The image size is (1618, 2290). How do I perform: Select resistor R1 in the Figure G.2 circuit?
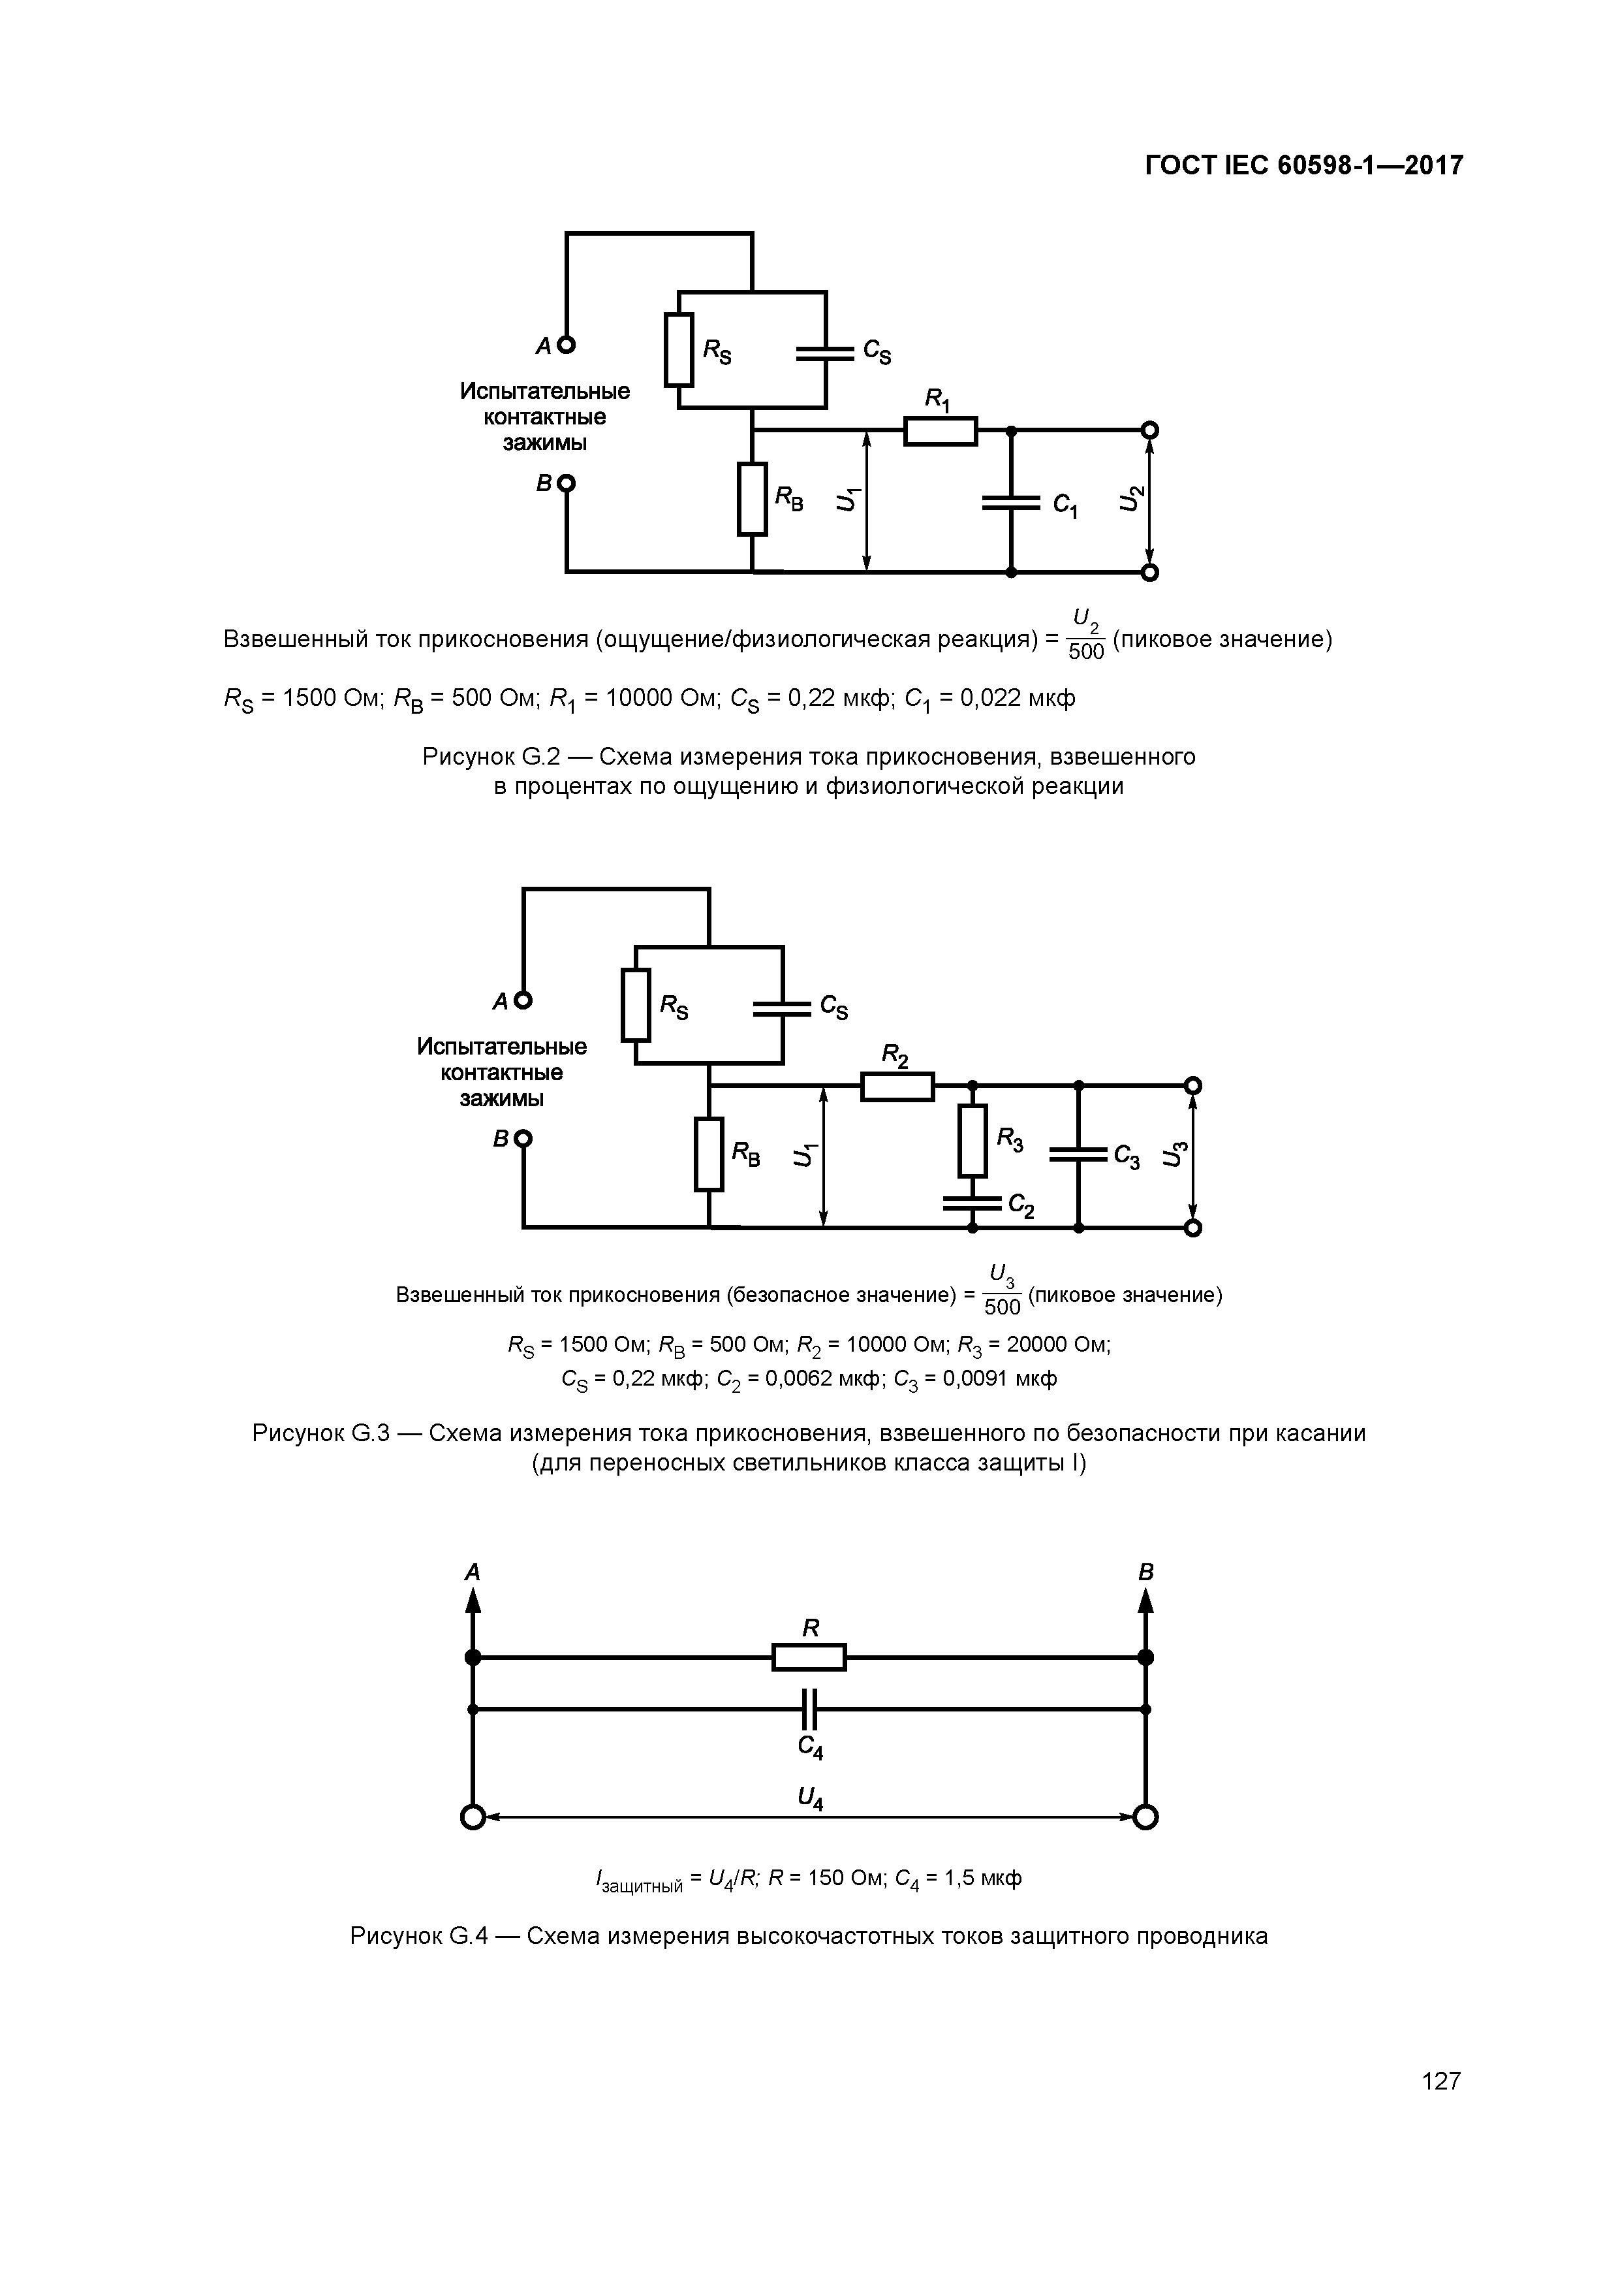[x=940, y=431]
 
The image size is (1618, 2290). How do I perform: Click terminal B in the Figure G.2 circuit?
[x=567, y=484]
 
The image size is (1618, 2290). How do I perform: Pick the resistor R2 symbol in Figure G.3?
[x=897, y=1086]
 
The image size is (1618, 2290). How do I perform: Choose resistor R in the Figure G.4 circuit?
[x=809, y=1658]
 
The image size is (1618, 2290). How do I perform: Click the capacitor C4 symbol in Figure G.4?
[x=809, y=1710]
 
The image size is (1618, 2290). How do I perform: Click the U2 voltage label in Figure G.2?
[x=1132, y=499]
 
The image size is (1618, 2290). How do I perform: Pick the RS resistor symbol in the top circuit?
[x=679, y=349]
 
